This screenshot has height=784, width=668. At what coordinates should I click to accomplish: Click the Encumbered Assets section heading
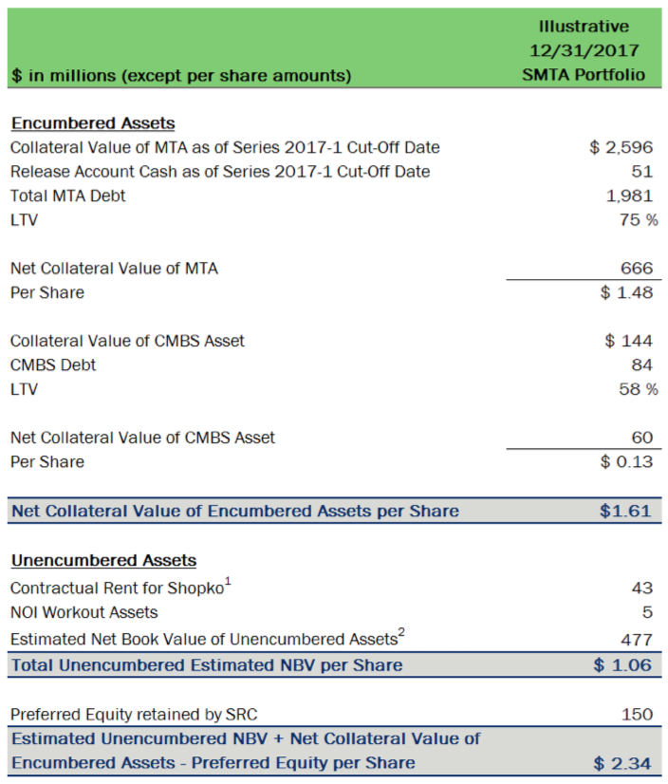pos(93,123)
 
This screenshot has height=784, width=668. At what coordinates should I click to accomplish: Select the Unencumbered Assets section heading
pos(103,560)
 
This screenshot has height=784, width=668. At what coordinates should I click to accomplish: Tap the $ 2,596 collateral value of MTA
pos(621,147)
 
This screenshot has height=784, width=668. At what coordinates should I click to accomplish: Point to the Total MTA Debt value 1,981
pos(630,196)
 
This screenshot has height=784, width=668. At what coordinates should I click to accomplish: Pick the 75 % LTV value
pos(634,220)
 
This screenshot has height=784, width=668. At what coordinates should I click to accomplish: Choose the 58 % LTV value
pos(634,389)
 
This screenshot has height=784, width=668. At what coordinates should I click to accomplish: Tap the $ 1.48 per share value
pos(626,292)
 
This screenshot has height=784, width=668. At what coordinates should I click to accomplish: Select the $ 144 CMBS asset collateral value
pos(628,341)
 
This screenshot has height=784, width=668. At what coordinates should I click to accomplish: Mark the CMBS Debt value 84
pos(641,364)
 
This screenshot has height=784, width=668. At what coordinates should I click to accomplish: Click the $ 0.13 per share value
pos(626,461)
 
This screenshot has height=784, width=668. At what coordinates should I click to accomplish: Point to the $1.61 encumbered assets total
pos(625,511)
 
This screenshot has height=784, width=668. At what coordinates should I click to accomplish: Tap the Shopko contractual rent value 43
pos(641,588)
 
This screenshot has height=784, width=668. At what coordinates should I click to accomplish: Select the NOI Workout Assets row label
pos(83,612)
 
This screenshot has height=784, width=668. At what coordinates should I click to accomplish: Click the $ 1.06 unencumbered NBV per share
pos(623,664)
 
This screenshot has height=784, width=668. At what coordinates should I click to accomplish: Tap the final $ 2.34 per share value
pos(623,763)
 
